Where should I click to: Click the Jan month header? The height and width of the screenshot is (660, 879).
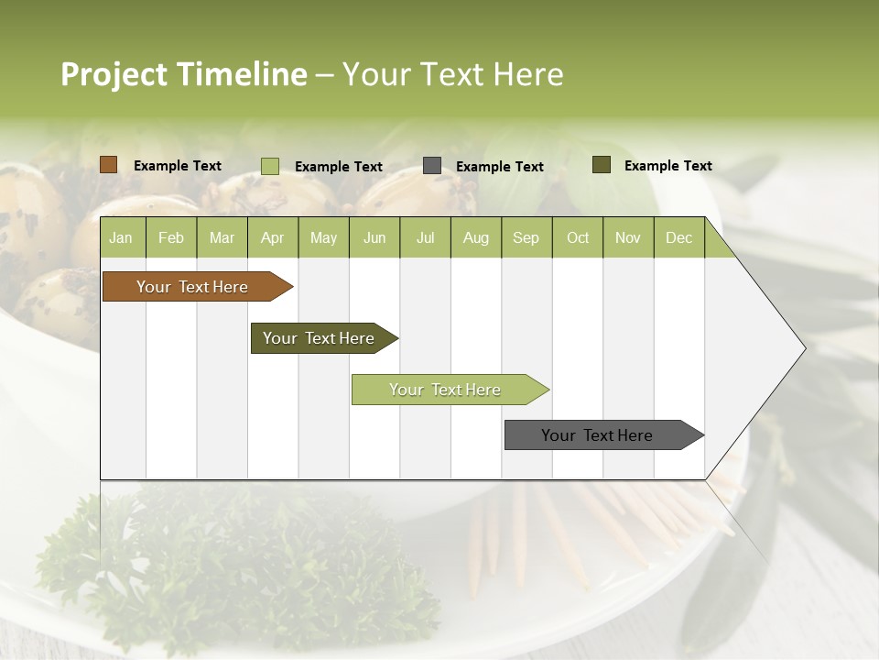(x=121, y=237)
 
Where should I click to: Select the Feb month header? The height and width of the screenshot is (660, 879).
(x=171, y=237)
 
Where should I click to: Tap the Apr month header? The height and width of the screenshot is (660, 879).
(x=273, y=237)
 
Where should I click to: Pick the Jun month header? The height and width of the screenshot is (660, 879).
(x=374, y=237)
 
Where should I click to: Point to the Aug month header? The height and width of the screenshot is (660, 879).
(x=476, y=237)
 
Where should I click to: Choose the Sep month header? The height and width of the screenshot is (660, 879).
(x=526, y=237)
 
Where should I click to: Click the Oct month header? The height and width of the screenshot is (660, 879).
(x=578, y=237)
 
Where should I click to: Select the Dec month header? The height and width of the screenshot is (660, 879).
(x=679, y=237)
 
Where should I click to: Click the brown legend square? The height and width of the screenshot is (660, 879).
(x=109, y=165)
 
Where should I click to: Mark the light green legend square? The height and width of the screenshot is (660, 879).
(x=270, y=166)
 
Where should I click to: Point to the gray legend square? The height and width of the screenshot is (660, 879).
(x=432, y=166)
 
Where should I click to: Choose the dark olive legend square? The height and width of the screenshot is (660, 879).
(x=602, y=165)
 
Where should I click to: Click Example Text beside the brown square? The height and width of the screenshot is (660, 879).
(x=178, y=166)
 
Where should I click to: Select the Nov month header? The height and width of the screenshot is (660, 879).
(x=628, y=237)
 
